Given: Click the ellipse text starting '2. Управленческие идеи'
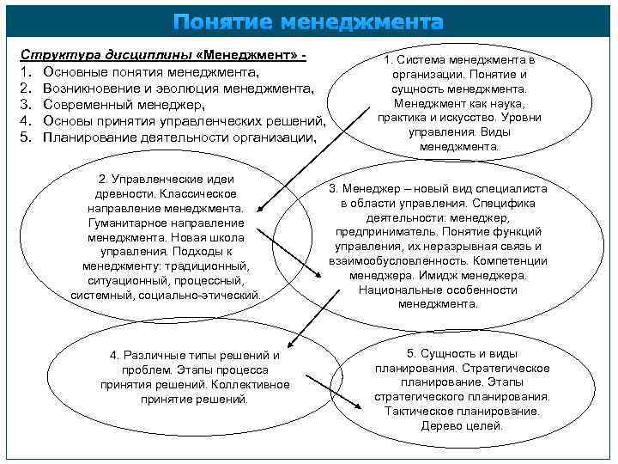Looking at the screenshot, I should pos(167,236).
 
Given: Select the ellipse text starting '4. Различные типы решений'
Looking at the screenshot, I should pos(195,377).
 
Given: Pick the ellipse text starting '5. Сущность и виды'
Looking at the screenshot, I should pos(462,389).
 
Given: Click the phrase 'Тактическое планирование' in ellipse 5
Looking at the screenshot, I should pos(462,411).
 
